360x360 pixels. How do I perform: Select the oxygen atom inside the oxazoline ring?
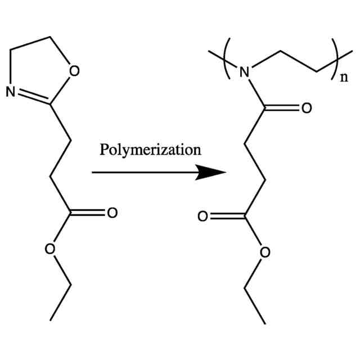75,71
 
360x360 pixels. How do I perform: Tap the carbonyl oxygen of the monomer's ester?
111,213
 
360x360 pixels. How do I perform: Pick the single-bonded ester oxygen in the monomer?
50,249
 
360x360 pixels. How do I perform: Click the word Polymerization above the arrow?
150,150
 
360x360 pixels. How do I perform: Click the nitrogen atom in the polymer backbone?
244,72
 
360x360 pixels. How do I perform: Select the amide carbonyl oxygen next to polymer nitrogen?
306,108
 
